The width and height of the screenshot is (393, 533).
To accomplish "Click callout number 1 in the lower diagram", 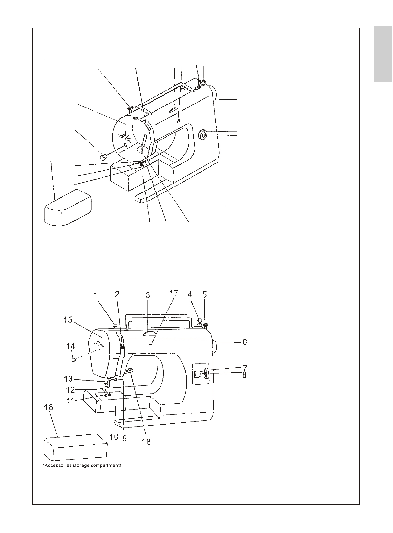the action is point(95,295).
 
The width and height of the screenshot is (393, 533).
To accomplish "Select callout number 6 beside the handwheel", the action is point(244,342).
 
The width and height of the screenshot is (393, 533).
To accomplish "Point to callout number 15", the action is point(68,320).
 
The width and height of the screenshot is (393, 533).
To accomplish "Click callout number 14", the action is point(70,346).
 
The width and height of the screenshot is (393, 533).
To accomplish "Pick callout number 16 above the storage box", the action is point(49,407).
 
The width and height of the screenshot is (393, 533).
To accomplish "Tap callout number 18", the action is point(146,441).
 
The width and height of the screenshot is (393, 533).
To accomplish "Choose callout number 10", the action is point(114,437).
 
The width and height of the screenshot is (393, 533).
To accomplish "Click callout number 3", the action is point(148,295).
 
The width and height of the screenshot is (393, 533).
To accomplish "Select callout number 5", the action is point(205,295).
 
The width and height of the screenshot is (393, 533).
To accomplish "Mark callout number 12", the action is point(70,389).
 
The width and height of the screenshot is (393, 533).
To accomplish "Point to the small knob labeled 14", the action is point(74,360).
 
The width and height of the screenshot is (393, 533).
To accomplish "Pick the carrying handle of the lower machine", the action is point(159,319).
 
